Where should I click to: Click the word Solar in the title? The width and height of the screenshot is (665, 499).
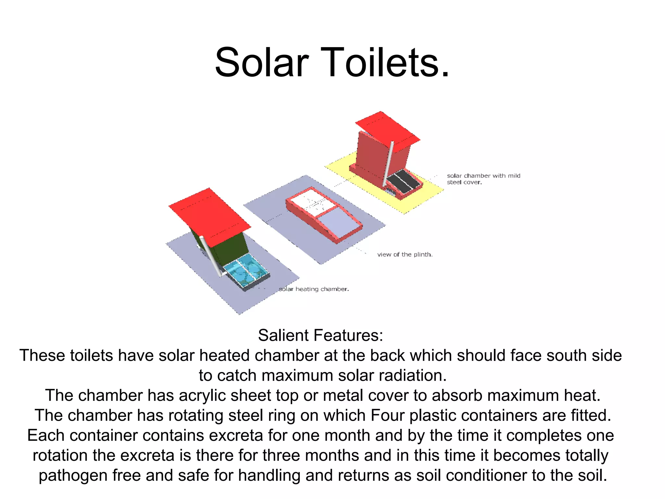262,62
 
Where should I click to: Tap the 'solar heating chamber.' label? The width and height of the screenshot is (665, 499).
314,289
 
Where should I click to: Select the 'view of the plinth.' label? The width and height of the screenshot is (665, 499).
405,254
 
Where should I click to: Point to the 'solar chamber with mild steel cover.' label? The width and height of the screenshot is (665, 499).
483,179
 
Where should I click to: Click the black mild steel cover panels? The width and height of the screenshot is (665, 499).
404,181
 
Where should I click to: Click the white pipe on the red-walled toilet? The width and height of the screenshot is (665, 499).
388,162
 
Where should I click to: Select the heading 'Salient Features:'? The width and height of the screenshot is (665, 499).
320,335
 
